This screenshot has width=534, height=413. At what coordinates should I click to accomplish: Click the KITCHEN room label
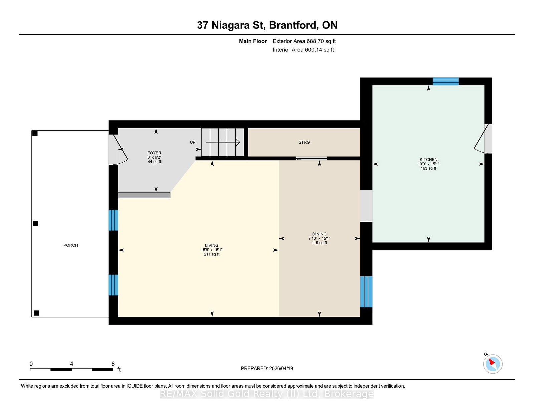pyautogui.click(x=428, y=159)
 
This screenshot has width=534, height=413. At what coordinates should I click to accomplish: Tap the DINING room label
pyautogui.click(x=319, y=234)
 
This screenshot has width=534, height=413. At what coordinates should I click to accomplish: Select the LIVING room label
pyautogui.click(x=211, y=245)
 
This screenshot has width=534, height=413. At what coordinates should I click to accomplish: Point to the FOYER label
pyautogui.click(x=154, y=153)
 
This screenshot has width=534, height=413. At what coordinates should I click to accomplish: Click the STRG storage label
pyautogui.click(x=304, y=142)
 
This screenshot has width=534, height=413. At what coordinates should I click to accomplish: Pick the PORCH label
pyautogui.click(x=70, y=245)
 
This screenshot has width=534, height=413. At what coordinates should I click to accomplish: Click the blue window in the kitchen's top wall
pyautogui.click(x=445, y=81)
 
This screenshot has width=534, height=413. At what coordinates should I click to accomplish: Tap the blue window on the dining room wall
pyautogui.click(x=366, y=292)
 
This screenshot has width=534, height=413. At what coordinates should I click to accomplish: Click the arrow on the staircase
pyautogui.click(x=222, y=142)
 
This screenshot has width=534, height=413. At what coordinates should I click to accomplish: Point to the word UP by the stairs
pyautogui.click(x=193, y=142)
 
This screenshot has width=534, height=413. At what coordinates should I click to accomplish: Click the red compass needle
pyautogui.click(x=492, y=362)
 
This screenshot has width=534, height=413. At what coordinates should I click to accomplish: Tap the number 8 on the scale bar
pyautogui.click(x=113, y=364)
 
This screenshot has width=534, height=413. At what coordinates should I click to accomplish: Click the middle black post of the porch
pyautogui.click(x=36, y=223)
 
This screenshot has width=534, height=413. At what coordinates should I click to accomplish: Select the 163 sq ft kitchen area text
pyautogui.click(x=428, y=168)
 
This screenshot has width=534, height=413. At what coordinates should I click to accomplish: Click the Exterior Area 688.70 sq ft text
pyautogui.click(x=304, y=41)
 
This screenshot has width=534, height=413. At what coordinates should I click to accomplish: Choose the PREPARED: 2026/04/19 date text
pyautogui.click(x=267, y=368)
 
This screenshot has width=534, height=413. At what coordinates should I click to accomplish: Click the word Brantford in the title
pyautogui.click(x=292, y=25)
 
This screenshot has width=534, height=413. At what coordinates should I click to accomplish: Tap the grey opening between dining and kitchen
pyautogui.click(x=366, y=206)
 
